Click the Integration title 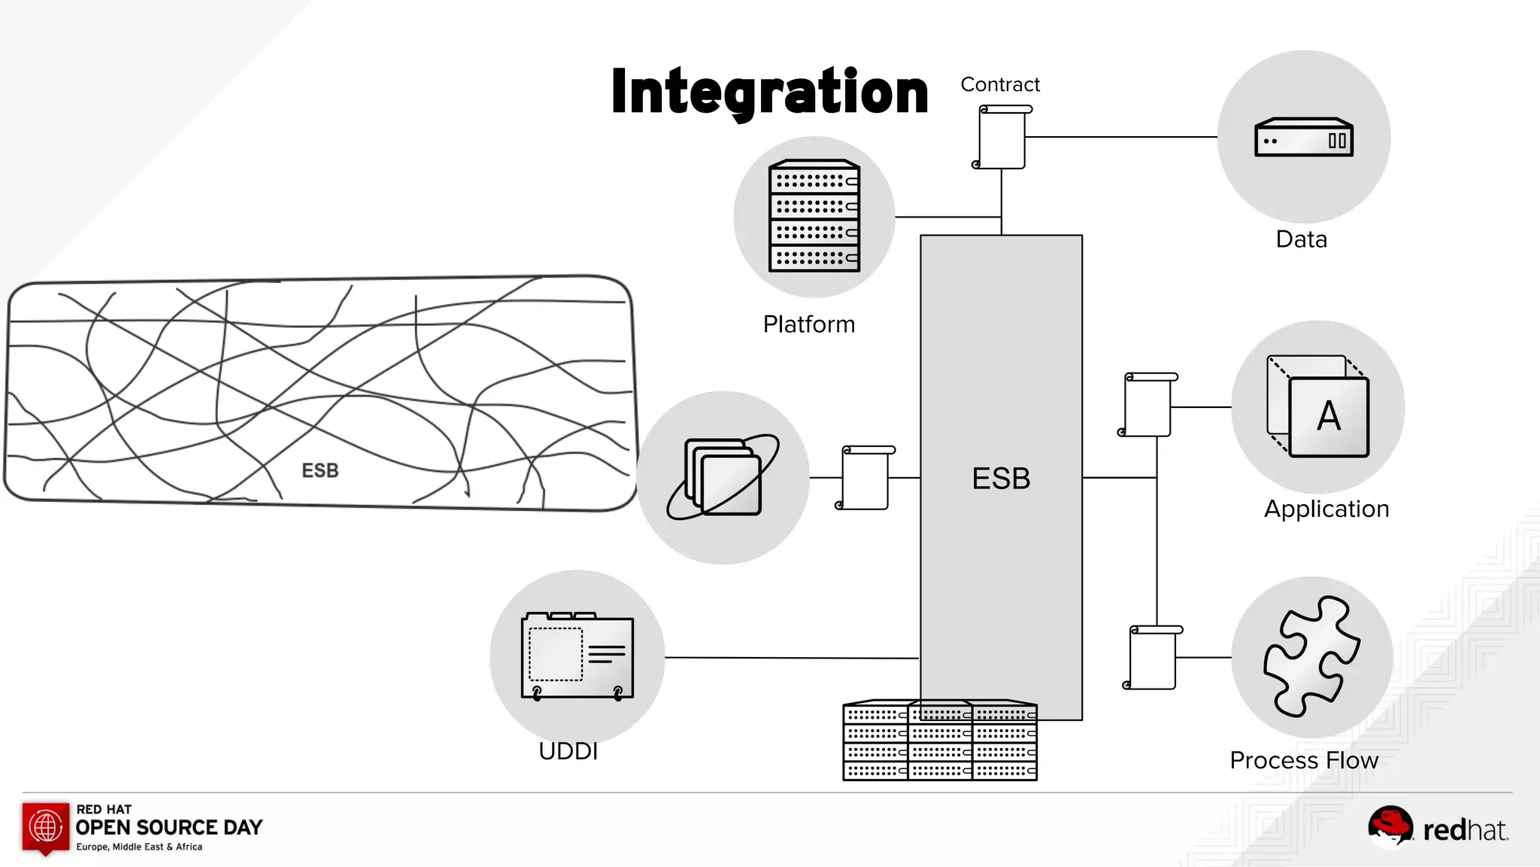tap(769, 92)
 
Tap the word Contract tap(999, 84)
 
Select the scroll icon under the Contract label tap(1002, 137)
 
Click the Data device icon tap(1304, 138)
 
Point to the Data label tap(1302, 239)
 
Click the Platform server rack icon tap(814, 216)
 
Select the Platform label tap(809, 324)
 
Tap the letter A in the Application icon tap(1329, 416)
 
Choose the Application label tap(1326, 509)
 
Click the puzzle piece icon tap(1311, 656)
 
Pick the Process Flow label tap(1304, 760)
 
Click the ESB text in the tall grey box tap(1001, 479)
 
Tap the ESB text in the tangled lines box tap(320, 470)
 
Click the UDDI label tap(568, 751)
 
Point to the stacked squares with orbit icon tap(723, 477)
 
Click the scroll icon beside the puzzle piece tap(1153, 657)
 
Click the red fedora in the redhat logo tap(1390, 823)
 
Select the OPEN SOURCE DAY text tap(169, 827)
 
